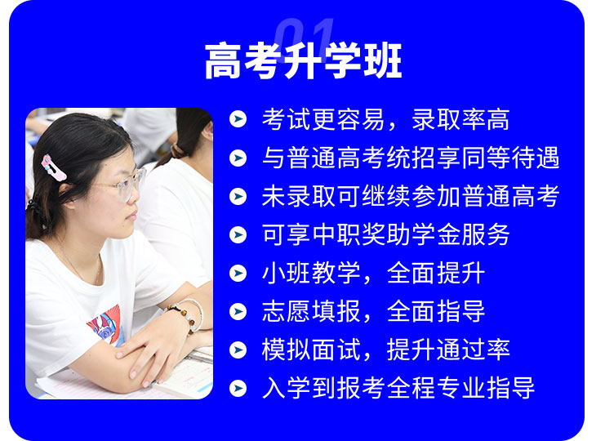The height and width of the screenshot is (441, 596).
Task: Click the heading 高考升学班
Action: (303, 61)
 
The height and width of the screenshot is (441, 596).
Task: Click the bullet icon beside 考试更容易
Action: (238, 119)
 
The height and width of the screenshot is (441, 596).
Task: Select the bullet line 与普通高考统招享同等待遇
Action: (411, 158)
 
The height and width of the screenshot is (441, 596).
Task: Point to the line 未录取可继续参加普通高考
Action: (411, 196)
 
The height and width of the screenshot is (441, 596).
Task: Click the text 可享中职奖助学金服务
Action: (386, 234)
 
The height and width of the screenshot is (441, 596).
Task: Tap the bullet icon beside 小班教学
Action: (238, 273)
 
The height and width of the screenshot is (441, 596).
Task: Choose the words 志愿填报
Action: (311, 311)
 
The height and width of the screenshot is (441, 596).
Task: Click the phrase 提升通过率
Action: (448, 350)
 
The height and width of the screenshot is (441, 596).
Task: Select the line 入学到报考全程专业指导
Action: (398, 388)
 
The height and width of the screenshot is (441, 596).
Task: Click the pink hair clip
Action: (54, 167)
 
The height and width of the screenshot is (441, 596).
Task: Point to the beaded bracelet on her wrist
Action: (185, 314)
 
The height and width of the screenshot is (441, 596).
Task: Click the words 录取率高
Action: (460, 119)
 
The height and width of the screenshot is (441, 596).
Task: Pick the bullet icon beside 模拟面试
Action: (238, 350)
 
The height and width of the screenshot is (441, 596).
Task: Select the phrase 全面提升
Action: (436, 273)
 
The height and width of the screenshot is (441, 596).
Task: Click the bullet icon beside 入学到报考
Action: (238, 388)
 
